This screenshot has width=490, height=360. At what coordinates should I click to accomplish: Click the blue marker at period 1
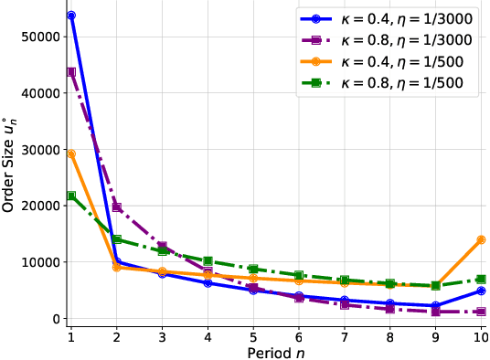71,16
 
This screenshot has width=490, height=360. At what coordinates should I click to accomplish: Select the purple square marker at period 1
71,71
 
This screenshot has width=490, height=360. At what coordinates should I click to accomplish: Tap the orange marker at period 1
71,154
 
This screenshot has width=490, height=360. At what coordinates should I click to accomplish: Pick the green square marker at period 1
71,196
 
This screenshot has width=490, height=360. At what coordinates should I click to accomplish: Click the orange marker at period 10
481,239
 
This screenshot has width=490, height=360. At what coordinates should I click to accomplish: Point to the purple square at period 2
117,207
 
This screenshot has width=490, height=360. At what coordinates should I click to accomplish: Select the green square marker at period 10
481,279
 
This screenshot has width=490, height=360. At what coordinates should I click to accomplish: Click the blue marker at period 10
481,291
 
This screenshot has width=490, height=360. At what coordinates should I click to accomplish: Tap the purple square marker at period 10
481,312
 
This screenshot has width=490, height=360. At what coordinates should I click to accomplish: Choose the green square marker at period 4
208,261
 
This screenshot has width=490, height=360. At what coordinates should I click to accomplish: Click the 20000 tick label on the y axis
40,206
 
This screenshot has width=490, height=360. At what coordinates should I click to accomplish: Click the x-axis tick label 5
253,335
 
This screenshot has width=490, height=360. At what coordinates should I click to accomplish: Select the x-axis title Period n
276,352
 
